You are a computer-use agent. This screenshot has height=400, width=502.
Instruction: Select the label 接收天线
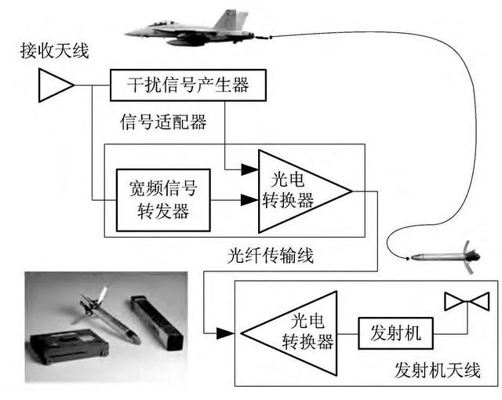[x=55, y=53]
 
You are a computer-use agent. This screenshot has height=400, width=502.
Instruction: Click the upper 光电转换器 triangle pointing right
[x=294, y=189]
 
